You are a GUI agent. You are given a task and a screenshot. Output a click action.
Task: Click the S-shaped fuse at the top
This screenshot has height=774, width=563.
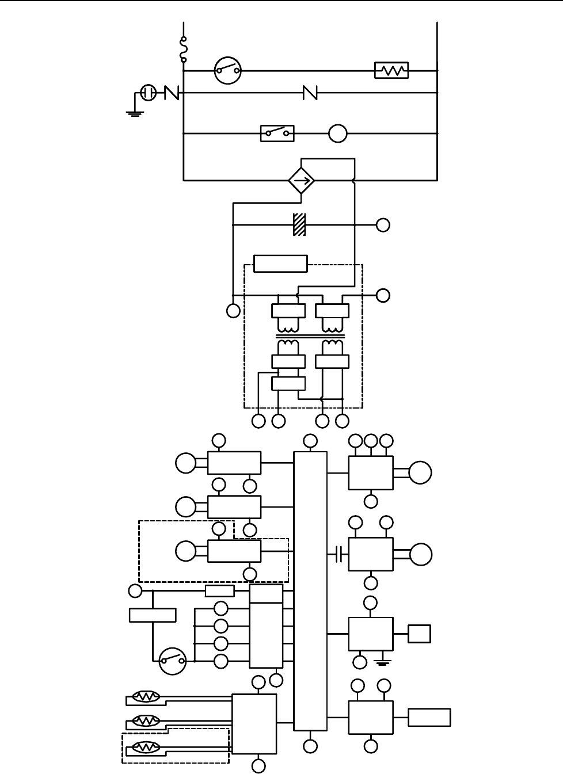(183, 49)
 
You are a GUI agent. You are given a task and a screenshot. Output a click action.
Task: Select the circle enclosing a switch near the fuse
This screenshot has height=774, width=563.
(227, 71)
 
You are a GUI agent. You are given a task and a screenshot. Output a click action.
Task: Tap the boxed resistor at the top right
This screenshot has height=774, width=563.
(391, 71)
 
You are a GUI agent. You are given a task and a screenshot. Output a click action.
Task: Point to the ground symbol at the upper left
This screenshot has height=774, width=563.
(134, 112)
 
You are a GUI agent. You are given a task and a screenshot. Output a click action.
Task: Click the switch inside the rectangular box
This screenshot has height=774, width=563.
(277, 134)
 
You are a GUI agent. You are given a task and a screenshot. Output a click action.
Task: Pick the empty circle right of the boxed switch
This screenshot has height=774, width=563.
(338, 134)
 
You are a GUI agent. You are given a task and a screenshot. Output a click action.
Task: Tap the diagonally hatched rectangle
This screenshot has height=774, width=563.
(299, 224)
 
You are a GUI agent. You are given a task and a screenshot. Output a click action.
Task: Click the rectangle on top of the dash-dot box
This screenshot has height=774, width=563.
(280, 264)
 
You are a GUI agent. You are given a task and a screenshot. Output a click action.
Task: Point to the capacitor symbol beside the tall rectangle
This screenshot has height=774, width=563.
(340, 555)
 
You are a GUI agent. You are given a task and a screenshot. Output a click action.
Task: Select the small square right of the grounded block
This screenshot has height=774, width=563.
(419, 634)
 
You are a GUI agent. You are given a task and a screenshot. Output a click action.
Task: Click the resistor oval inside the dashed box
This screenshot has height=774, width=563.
(146, 748)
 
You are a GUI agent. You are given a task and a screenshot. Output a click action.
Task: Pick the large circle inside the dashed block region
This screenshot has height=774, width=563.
(186, 551)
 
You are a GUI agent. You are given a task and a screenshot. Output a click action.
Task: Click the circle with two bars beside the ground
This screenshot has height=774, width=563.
(148, 92)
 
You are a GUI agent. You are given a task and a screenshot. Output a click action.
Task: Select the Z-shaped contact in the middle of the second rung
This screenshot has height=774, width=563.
(310, 92)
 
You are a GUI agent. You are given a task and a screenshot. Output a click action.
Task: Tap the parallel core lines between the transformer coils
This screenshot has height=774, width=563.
(310, 337)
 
